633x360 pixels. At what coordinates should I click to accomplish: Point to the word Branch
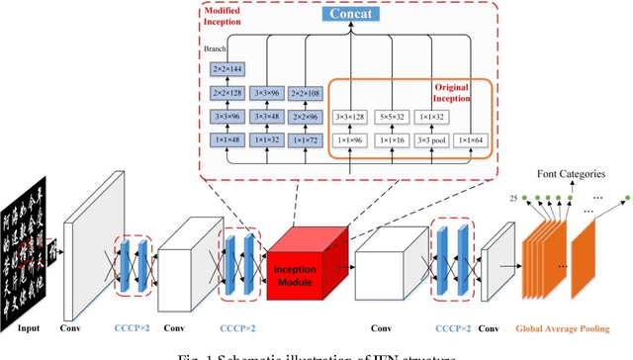pos(217,45)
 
